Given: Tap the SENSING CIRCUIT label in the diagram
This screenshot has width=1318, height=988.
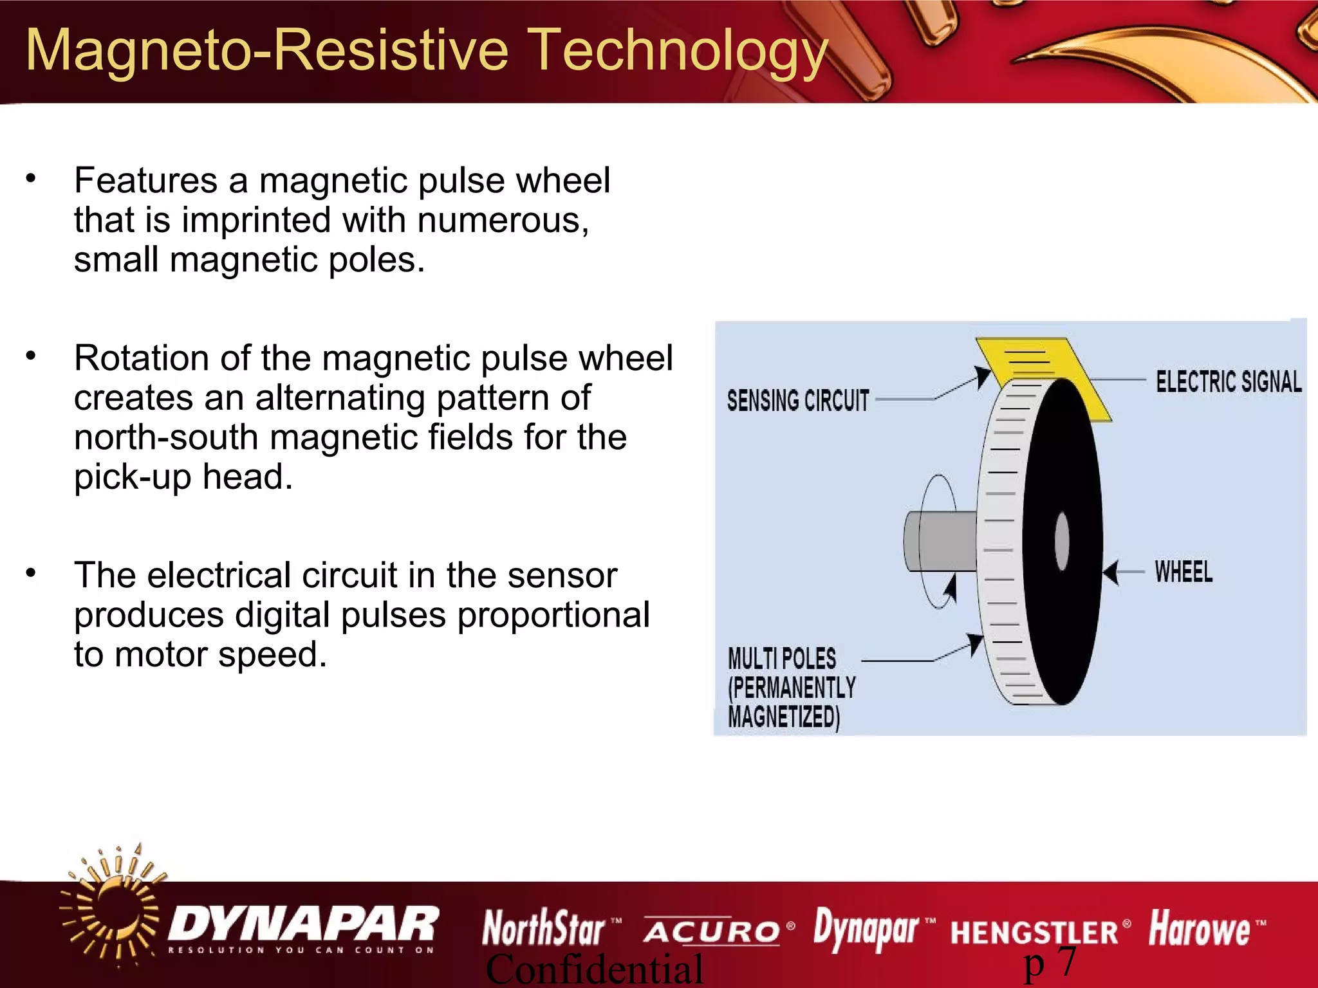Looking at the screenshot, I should (x=798, y=401).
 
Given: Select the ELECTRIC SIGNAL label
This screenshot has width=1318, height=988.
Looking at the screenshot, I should (x=1228, y=381).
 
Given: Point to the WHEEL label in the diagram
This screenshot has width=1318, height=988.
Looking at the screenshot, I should (x=1183, y=572).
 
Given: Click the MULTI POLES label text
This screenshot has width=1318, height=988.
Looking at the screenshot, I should (x=782, y=659).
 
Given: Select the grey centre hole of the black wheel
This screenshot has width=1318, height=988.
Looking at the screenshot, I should (x=1062, y=540).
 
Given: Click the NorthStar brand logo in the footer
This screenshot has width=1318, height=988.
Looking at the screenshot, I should (x=544, y=928).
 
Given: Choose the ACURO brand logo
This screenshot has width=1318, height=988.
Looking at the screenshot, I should (x=712, y=931).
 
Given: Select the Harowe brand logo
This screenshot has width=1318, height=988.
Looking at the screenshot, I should (x=1200, y=929).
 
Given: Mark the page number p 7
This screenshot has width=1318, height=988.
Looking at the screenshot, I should (x=1050, y=964).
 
